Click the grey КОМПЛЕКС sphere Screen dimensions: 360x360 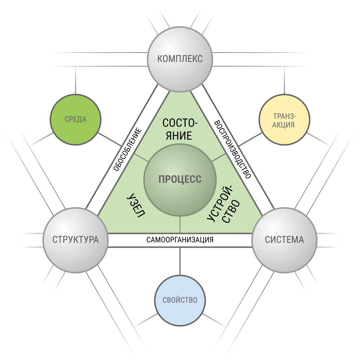pyautogui.click(x=180, y=59)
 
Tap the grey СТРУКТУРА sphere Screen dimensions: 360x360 pyautogui.click(x=76, y=240)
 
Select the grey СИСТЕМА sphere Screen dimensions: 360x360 pyautogui.click(x=284, y=240)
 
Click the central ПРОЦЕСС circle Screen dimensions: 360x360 pyautogui.click(x=180, y=180)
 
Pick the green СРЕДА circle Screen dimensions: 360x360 pyautogui.click(x=76, y=120)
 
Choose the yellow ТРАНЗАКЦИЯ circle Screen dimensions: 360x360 pyautogui.click(x=284, y=120)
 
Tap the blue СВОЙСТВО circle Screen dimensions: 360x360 pyautogui.click(x=180, y=300)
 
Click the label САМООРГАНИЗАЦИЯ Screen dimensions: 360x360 pyautogui.click(x=180, y=240)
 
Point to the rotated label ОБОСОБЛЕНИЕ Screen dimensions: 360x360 pyautogui.click(x=128, y=150)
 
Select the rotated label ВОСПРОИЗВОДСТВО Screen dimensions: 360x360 pyautogui.click(x=232, y=150)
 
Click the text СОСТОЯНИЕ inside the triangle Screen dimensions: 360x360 pyautogui.click(x=180, y=129)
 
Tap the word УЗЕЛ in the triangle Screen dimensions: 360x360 pyautogui.click(x=136, y=205)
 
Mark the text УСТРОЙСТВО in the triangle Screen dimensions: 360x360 pyautogui.click(x=224, y=205)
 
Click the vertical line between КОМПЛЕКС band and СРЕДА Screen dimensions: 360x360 pyautogui.click(x=76, y=80)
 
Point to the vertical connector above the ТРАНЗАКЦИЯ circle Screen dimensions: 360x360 pyautogui.click(x=284, y=80)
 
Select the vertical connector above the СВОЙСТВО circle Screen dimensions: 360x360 pyautogui.click(x=180, y=261)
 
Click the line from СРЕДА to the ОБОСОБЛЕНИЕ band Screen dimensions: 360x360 pyautogui.click(x=109, y=139)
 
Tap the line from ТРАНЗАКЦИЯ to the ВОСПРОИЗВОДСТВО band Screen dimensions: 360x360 pyautogui.click(x=250, y=139)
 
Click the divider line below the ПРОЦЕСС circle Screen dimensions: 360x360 pyautogui.click(x=180, y=225)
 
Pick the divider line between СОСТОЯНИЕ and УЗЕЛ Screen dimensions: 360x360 pyautogui.click(x=141, y=158)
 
